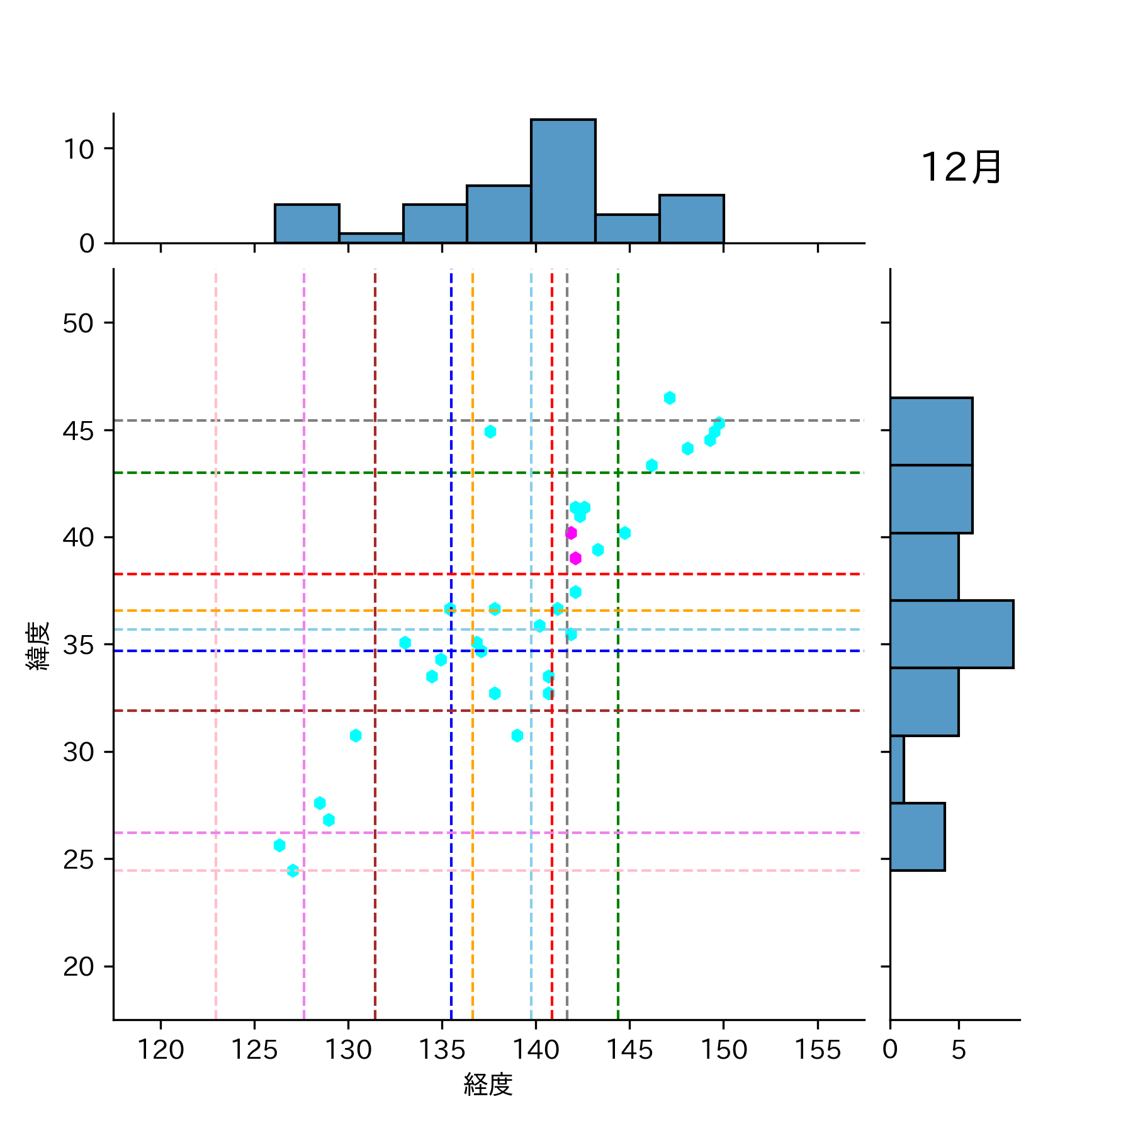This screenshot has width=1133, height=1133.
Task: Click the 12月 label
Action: (x=961, y=167)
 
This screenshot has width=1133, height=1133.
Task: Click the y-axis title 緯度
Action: (x=38, y=646)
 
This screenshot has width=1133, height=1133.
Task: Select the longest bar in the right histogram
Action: (x=951, y=634)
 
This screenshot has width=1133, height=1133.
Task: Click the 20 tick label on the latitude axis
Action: (x=78, y=966)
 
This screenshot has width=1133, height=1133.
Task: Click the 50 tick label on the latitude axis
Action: (x=78, y=324)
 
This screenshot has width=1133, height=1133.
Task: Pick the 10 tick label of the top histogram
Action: (x=78, y=149)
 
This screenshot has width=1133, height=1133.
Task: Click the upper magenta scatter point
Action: (x=571, y=533)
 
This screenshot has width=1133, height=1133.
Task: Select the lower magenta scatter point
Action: (x=575, y=558)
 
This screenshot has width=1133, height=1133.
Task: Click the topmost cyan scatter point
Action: (x=670, y=398)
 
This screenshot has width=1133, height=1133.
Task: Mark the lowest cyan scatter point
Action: (x=293, y=871)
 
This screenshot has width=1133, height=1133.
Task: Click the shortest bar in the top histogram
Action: (x=371, y=238)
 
